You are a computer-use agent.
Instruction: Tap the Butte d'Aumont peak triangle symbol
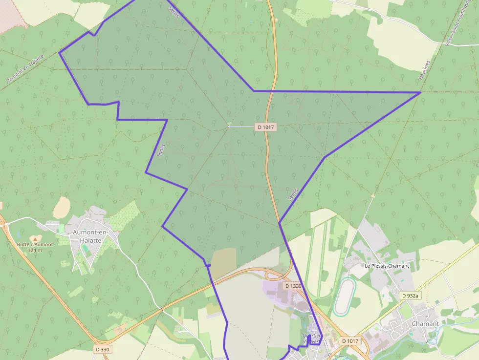[34, 238]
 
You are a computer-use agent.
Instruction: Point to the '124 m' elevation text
[35, 250]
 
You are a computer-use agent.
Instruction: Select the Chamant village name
[425, 323]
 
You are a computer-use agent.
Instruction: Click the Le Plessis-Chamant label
[387, 266]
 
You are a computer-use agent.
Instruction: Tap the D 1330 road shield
[292, 285]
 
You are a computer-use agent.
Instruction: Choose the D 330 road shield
[103, 349]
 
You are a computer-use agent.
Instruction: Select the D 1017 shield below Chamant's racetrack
[350, 340]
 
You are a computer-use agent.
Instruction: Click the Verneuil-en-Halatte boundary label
[25, 68]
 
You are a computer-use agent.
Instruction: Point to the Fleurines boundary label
[424, 71]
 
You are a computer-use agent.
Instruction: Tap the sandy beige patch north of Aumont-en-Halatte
[62, 208]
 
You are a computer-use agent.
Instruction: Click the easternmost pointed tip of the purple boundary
[420, 92]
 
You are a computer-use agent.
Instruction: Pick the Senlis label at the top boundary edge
[174, 12]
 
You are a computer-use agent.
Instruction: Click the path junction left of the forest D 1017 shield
[229, 127]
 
